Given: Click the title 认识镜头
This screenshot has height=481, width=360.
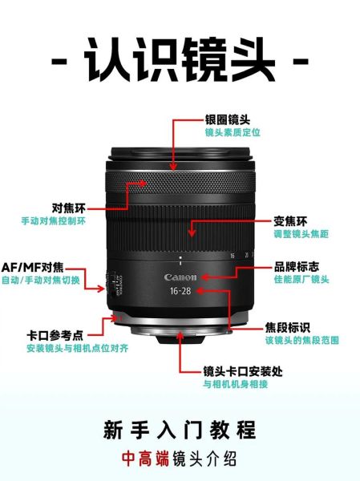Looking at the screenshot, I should pyautogui.click(x=180, y=60).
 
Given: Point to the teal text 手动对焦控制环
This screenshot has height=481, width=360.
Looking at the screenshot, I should pyautogui.click(x=53, y=220).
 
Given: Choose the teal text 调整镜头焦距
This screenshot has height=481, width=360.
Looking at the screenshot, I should pyautogui.click(x=300, y=234).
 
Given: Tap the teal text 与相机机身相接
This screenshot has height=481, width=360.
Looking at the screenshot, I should pyautogui.click(x=235, y=385).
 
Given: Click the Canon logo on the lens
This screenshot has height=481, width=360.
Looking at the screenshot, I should pyautogui.click(x=180, y=277).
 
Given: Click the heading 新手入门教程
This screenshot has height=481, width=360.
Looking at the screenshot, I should pyautogui.click(x=180, y=429).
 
